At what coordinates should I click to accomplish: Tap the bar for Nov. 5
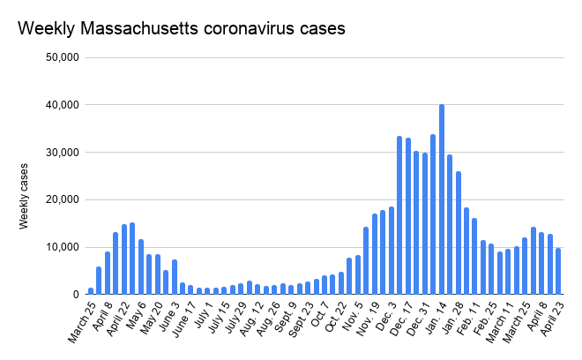(358, 274)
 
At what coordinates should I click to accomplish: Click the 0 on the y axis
(76, 295)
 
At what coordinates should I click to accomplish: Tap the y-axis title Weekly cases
(24, 196)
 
